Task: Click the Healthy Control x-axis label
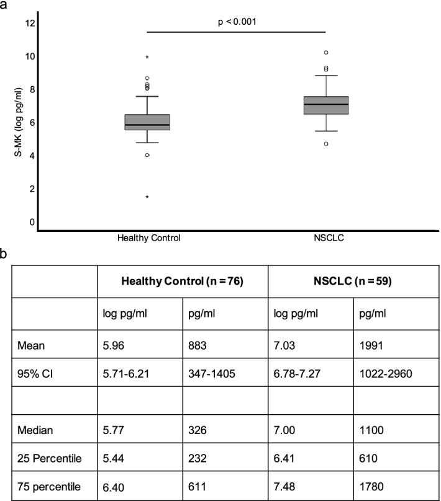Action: pyautogui.click(x=147, y=237)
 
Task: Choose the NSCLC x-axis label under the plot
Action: pyautogui.click(x=325, y=237)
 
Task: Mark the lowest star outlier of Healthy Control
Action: pyautogui.click(x=147, y=197)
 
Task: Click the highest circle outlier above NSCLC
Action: pyautogui.click(x=325, y=53)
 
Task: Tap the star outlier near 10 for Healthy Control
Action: pyautogui.click(x=147, y=58)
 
